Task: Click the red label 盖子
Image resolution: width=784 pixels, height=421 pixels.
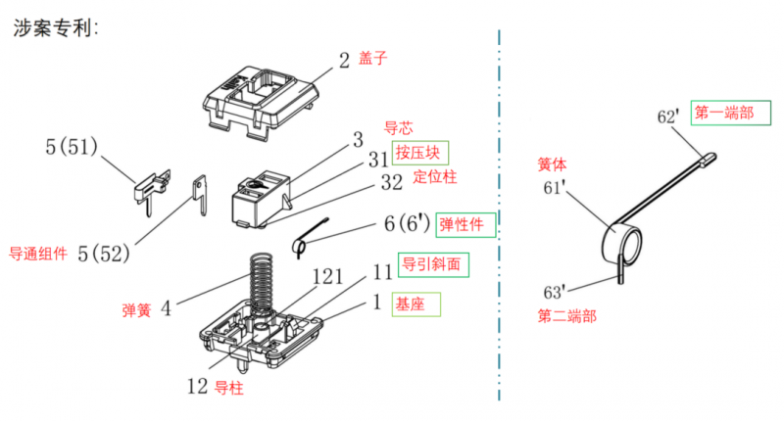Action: point(372,59)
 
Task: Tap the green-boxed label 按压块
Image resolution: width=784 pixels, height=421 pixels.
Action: point(419,153)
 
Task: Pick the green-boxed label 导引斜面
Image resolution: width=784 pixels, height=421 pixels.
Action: point(429,264)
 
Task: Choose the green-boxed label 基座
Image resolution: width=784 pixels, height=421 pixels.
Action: point(412,304)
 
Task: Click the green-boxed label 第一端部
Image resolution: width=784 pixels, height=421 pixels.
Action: point(724,113)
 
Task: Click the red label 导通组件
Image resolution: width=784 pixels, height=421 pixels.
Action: point(38,254)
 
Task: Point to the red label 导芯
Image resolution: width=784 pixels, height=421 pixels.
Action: point(399,127)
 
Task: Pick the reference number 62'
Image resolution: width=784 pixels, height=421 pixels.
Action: point(667,117)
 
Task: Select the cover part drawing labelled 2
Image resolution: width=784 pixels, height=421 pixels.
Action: point(263,98)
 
